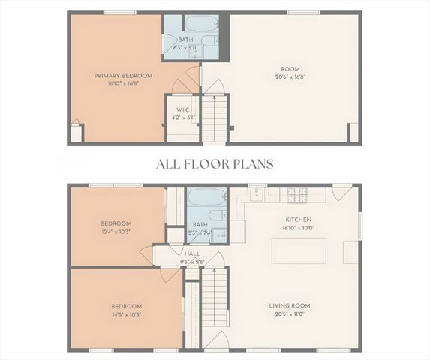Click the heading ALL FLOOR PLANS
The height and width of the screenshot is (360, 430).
coord(215,163)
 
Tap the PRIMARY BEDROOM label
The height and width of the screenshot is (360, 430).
coord(123,75)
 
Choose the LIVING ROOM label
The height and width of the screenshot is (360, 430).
coord(290,305)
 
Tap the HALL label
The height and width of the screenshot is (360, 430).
coord(193,253)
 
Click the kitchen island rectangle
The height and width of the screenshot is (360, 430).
coord(299,250)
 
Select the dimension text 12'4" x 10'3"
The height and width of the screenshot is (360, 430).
coord(116,232)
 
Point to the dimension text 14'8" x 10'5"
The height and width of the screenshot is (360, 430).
coord(127,314)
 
